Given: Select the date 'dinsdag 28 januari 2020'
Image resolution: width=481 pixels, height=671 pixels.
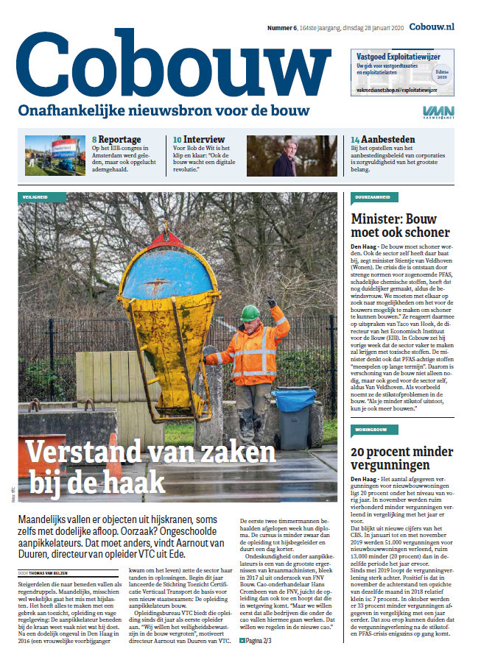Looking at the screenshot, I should click(x=373, y=27).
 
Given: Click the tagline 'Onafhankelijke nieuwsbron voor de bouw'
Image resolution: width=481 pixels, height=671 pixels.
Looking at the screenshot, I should click(x=164, y=110).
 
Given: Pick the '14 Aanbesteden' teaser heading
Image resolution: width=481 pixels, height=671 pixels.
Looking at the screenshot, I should click(x=382, y=138).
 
